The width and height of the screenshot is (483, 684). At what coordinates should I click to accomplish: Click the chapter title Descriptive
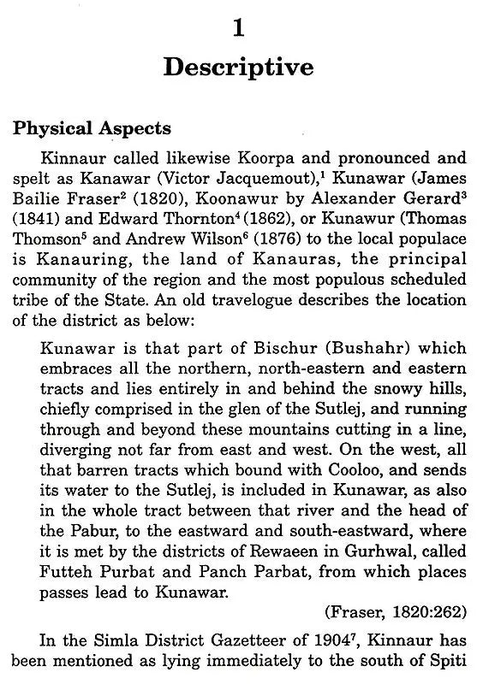[x=239, y=68]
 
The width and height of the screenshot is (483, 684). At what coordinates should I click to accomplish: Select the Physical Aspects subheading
[x=92, y=129]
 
